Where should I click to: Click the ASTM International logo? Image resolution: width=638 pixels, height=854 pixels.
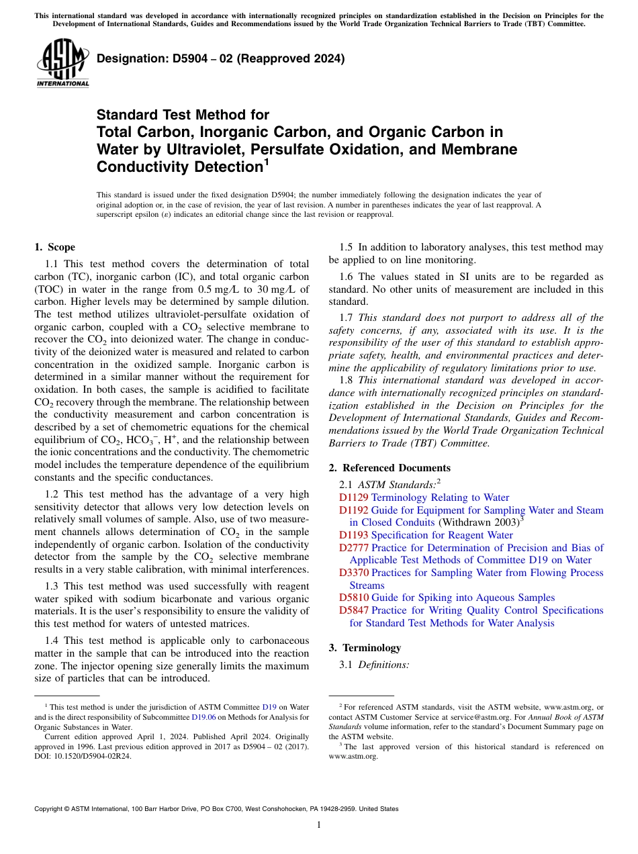pos(62,64)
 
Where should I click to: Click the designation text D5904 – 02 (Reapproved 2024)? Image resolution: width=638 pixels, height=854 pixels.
pos(220,59)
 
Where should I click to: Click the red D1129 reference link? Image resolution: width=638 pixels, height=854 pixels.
pos(353,497)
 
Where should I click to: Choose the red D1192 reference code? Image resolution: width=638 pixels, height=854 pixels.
pos(353,510)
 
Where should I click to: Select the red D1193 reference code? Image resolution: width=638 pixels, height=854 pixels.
pos(353,535)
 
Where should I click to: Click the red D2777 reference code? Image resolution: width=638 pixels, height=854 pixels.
pos(353,548)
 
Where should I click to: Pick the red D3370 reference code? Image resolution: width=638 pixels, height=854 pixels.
pos(353,573)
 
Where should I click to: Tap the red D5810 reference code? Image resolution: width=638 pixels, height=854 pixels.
pos(353,598)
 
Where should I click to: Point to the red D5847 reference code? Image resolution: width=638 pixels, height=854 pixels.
pos(353,610)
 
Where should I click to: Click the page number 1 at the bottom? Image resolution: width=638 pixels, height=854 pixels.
pos(319,825)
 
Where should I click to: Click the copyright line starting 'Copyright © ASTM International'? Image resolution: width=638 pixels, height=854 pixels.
pos(216,809)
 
